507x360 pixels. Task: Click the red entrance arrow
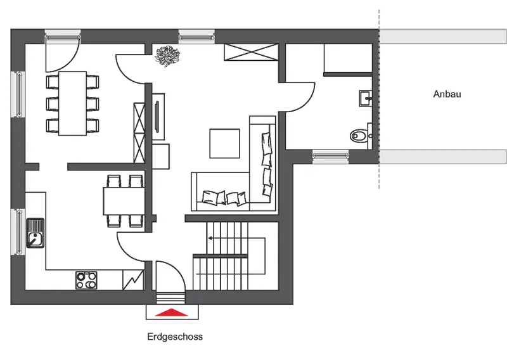point(171,312)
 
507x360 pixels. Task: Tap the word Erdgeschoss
point(175,337)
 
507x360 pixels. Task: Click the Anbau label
point(447,94)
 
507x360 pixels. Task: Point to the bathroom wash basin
point(366,98)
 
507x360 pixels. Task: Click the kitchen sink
point(35,233)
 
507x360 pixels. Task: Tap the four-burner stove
point(86,280)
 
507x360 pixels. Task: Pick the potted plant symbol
point(167,56)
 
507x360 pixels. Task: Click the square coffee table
point(224,143)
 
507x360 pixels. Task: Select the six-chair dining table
point(72,103)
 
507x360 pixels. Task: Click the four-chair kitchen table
point(124,201)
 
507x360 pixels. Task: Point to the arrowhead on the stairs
point(210,238)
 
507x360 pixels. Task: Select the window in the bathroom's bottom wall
point(330,157)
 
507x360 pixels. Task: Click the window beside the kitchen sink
point(18,231)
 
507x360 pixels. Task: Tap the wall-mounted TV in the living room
point(157,117)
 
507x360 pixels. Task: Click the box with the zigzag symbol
point(133,280)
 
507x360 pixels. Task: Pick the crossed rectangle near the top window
point(251,52)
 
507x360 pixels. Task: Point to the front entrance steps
point(170,298)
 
